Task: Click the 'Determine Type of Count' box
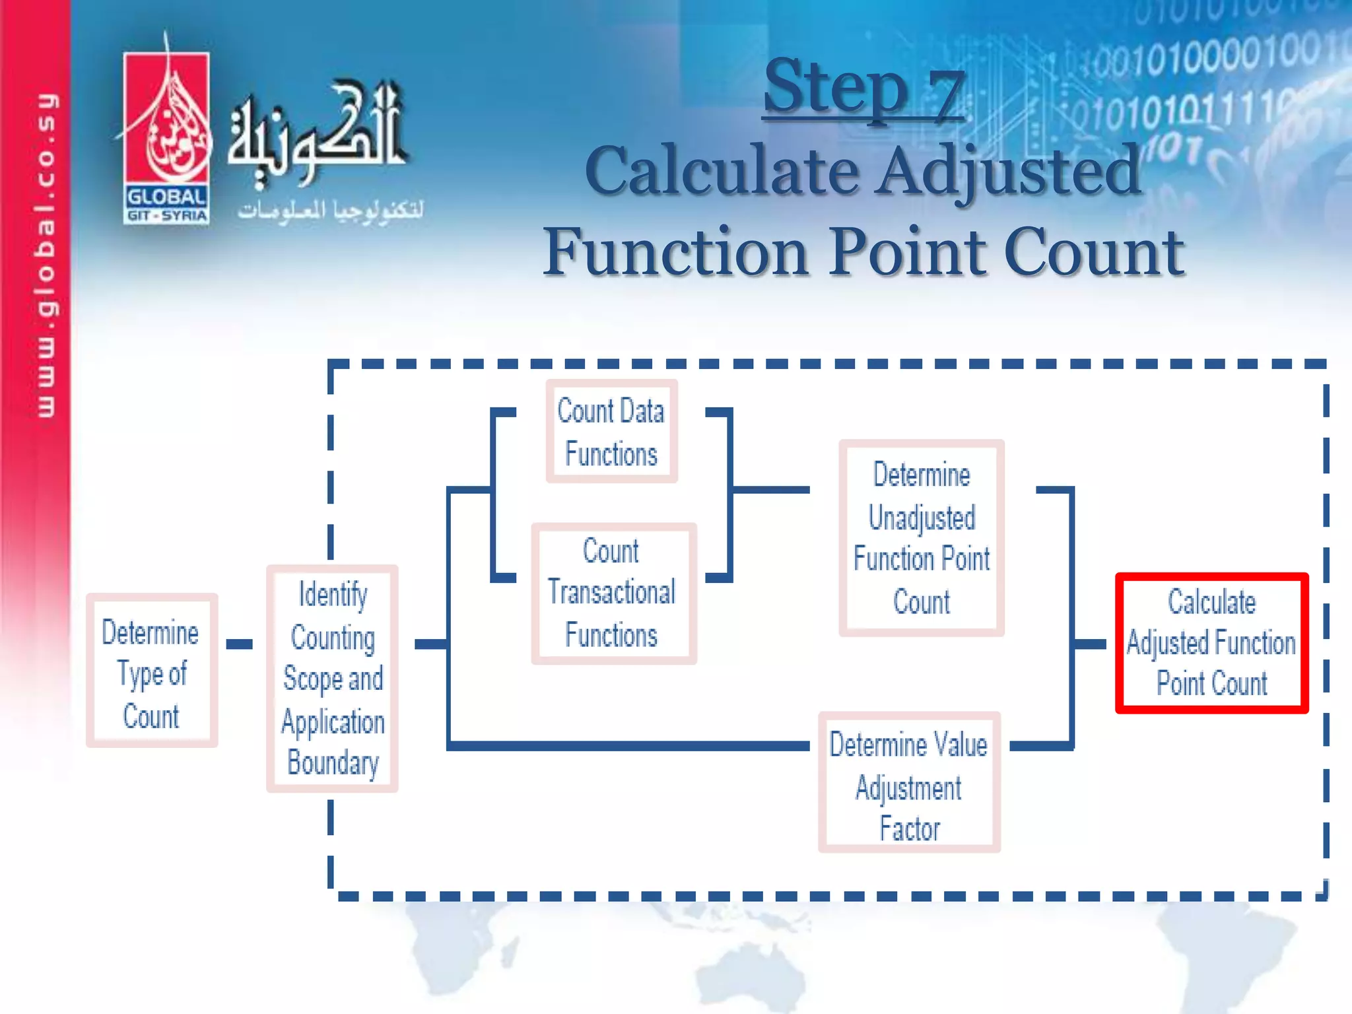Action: (151, 671)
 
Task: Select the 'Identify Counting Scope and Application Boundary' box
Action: (332, 679)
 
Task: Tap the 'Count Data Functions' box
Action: (611, 432)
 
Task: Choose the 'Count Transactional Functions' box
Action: (613, 593)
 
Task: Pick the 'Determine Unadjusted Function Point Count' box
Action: (921, 538)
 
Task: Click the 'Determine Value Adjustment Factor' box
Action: (909, 782)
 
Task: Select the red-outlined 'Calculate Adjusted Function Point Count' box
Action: (1211, 643)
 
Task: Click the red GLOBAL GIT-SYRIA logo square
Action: (166, 137)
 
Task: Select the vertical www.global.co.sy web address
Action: (46, 255)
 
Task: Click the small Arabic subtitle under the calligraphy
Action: (330, 210)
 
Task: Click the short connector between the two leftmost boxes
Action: (239, 644)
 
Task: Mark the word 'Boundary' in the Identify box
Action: (333, 763)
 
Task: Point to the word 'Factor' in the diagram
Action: (910, 828)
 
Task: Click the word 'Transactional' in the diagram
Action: (611, 592)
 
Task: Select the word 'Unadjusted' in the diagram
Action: (922, 518)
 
